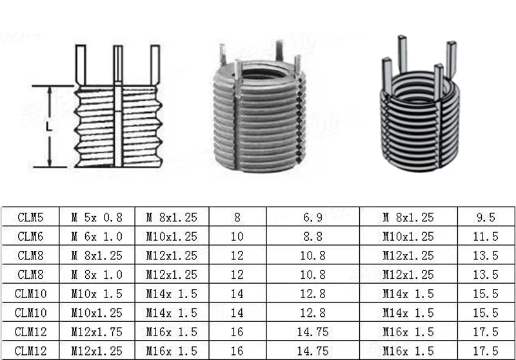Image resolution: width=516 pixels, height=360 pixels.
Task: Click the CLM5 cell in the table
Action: (30, 217)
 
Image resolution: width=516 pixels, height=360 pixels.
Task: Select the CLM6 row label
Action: (30, 236)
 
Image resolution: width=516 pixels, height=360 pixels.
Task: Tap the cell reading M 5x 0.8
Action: (96, 217)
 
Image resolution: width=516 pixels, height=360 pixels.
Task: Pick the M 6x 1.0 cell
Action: (96, 236)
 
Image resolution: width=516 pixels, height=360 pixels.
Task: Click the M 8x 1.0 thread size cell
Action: (96, 274)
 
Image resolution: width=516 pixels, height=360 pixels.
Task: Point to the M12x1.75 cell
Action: (96, 332)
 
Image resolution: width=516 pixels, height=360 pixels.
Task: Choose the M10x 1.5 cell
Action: (96, 294)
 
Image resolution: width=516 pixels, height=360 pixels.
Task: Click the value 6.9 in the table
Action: (313, 217)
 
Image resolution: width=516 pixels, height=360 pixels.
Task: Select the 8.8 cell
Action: (313, 236)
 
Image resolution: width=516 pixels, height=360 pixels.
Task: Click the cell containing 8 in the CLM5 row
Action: (237, 217)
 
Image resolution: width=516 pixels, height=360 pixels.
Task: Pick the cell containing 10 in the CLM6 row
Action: (237, 236)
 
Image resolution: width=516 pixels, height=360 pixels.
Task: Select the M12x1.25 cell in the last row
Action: (96, 351)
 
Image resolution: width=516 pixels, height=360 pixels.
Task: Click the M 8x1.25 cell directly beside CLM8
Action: (96, 255)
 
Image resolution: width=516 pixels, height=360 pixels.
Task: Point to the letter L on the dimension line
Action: (48, 127)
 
